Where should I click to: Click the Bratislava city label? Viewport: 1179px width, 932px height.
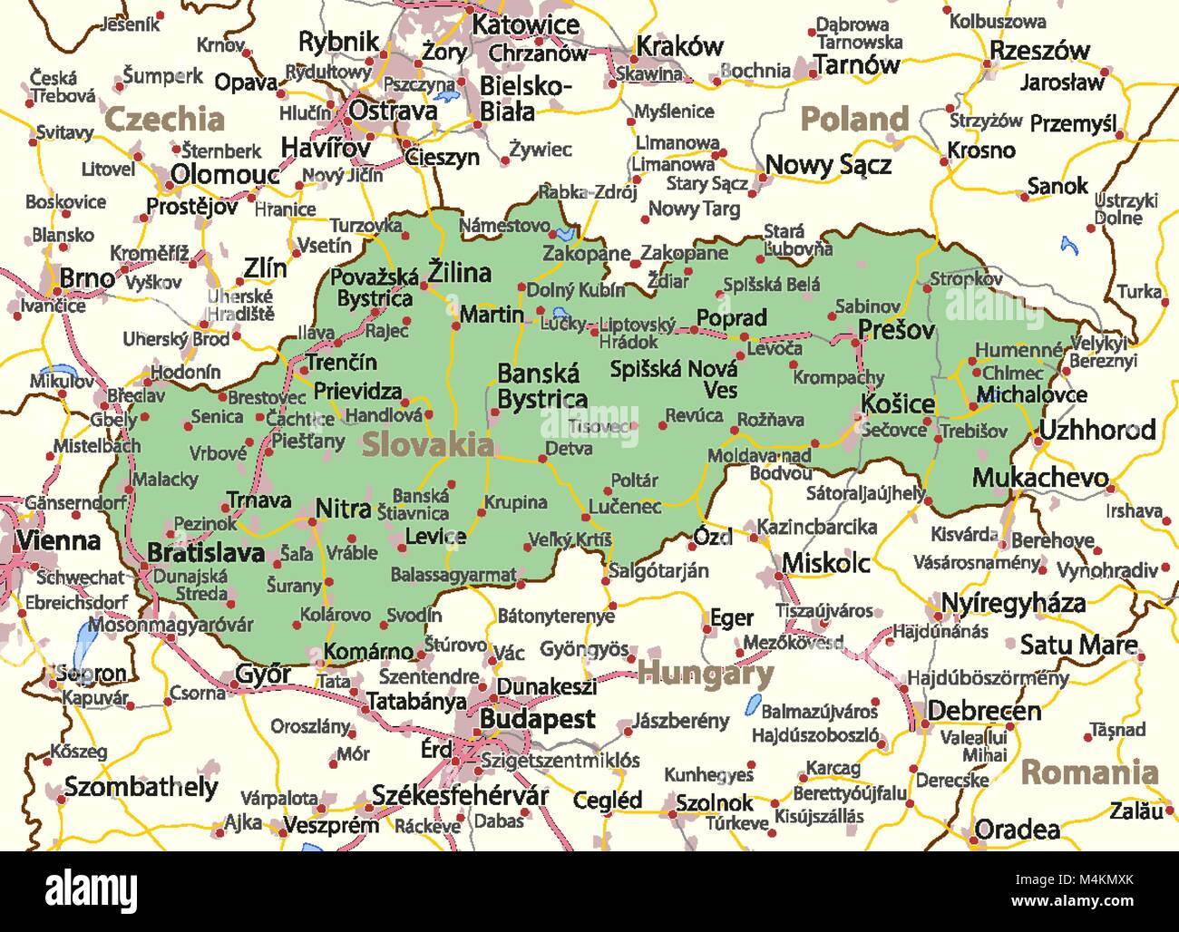[206, 553]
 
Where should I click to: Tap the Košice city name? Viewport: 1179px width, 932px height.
[897, 403]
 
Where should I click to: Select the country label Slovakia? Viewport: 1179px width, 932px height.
[428, 444]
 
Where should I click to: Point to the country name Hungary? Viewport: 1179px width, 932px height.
[706, 674]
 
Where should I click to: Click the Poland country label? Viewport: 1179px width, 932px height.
[854, 119]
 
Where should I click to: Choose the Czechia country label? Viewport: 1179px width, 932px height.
[165, 119]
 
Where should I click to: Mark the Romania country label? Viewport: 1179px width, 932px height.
[1090, 772]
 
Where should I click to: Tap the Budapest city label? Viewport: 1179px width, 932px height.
[537, 720]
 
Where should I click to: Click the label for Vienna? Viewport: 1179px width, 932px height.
[58, 541]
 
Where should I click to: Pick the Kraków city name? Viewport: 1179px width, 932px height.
[679, 46]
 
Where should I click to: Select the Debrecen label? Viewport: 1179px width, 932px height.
[984, 711]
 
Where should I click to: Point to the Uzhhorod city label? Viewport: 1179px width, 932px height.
[1097, 430]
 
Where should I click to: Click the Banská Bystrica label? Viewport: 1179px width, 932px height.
[541, 387]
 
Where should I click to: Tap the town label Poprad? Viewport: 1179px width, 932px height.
[731, 318]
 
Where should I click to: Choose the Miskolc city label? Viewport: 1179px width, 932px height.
[826, 563]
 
